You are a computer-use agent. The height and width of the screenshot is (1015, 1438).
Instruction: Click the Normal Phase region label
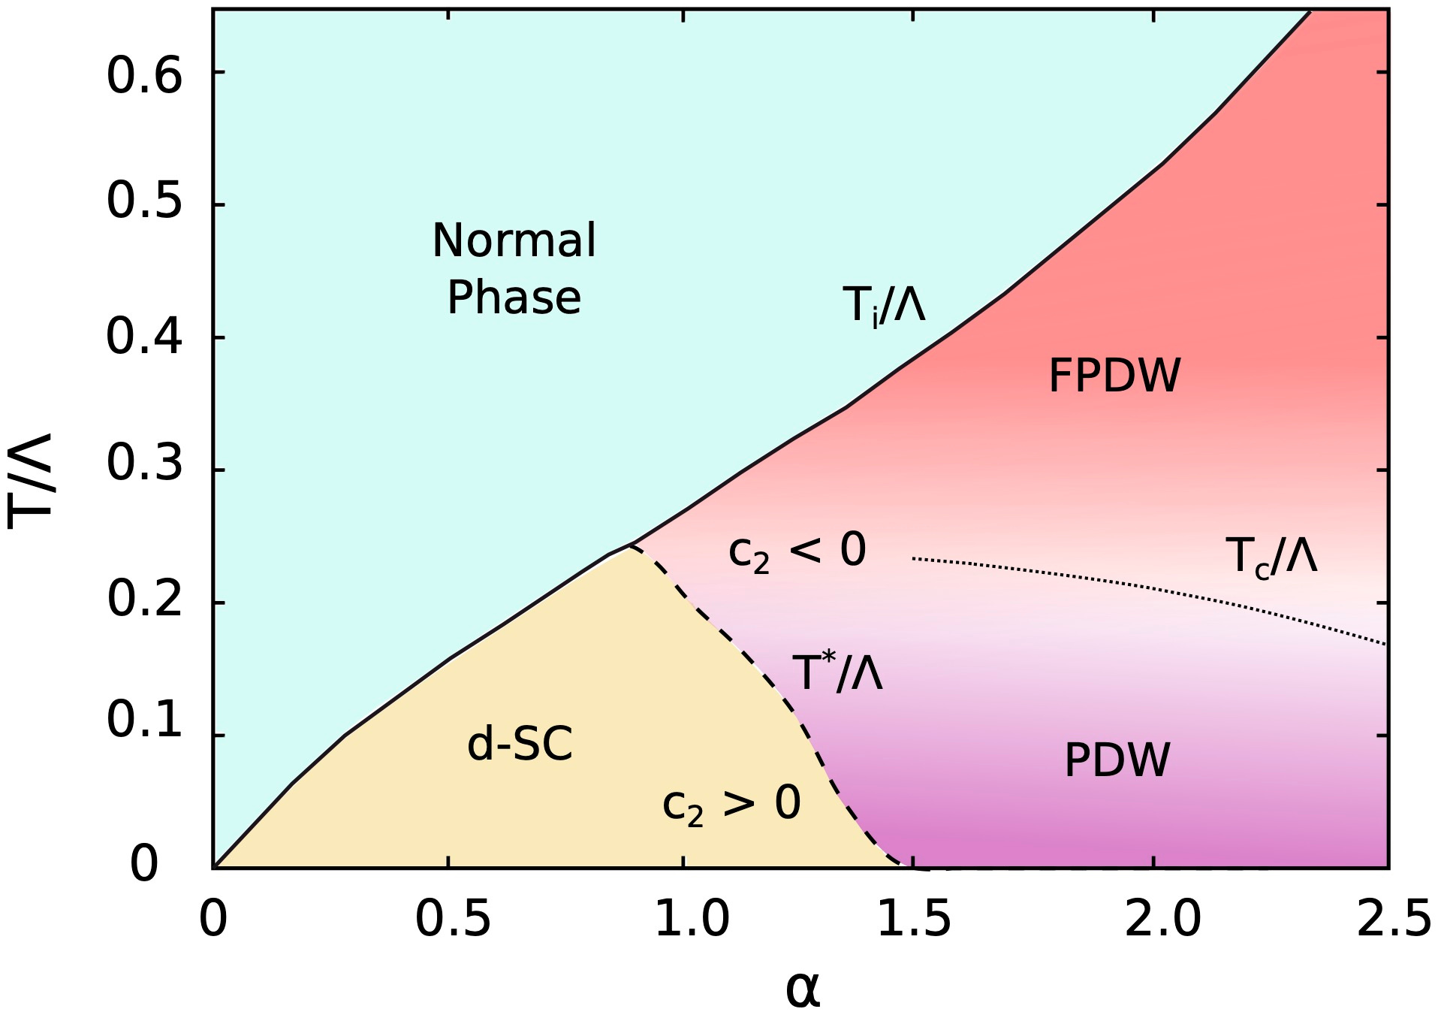pyautogui.click(x=514, y=268)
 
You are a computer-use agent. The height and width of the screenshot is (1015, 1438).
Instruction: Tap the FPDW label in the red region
pyautogui.click(x=1114, y=376)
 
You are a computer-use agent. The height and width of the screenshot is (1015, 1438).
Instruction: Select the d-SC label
pyautogui.click(x=520, y=744)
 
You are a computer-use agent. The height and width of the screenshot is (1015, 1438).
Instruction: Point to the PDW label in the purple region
pyautogui.click(x=1117, y=760)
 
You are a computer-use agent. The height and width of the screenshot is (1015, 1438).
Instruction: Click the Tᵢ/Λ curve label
pyautogui.click(x=884, y=304)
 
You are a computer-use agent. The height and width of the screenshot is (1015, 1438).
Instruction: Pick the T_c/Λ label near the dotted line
pyautogui.click(x=1271, y=557)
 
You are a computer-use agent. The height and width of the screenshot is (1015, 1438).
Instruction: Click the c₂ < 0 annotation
pyautogui.click(x=797, y=551)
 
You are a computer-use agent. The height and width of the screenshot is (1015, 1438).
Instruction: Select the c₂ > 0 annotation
pyautogui.click(x=731, y=805)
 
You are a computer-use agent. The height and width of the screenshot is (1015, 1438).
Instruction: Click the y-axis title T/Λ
pyautogui.click(x=30, y=481)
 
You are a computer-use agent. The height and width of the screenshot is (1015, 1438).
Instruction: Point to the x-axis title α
pyautogui.click(x=803, y=989)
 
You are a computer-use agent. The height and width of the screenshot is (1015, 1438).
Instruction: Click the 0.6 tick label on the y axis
pyautogui.click(x=144, y=76)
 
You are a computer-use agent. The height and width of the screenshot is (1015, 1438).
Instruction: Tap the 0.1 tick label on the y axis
pyautogui.click(x=144, y=720)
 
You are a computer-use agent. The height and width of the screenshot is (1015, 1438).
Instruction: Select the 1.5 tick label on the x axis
pyautogui.click(x=914, y=919)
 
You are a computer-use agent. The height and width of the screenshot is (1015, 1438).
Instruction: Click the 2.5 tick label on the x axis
pyautogui.click(x=1393, y=919)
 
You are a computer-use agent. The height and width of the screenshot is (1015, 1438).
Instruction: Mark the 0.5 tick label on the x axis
pyautogui.click(x=453, y=919)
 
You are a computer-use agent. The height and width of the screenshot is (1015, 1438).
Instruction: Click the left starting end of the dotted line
pyautogui.click(x=914, y=558)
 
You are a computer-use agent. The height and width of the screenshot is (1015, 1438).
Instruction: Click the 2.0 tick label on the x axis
pyautogui.click(x=1162, y=919)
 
